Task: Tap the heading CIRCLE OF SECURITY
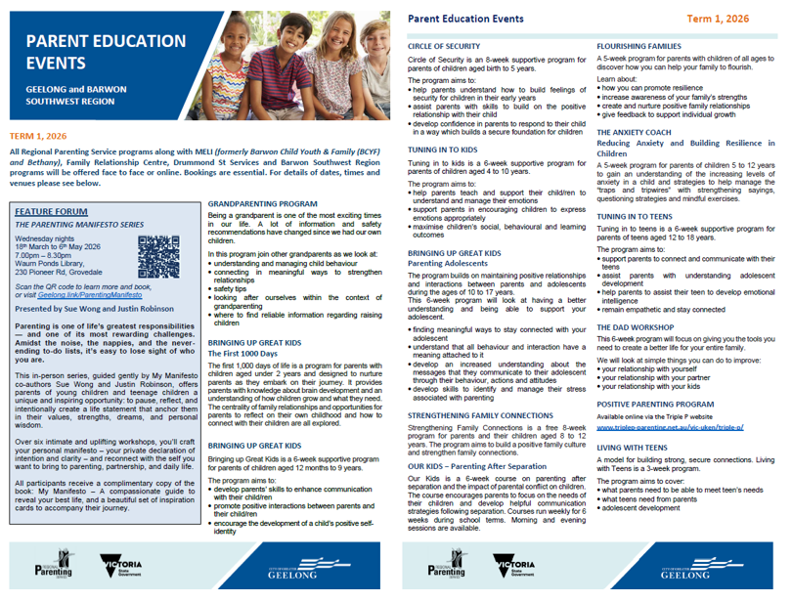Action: click(x=444, y=46)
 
